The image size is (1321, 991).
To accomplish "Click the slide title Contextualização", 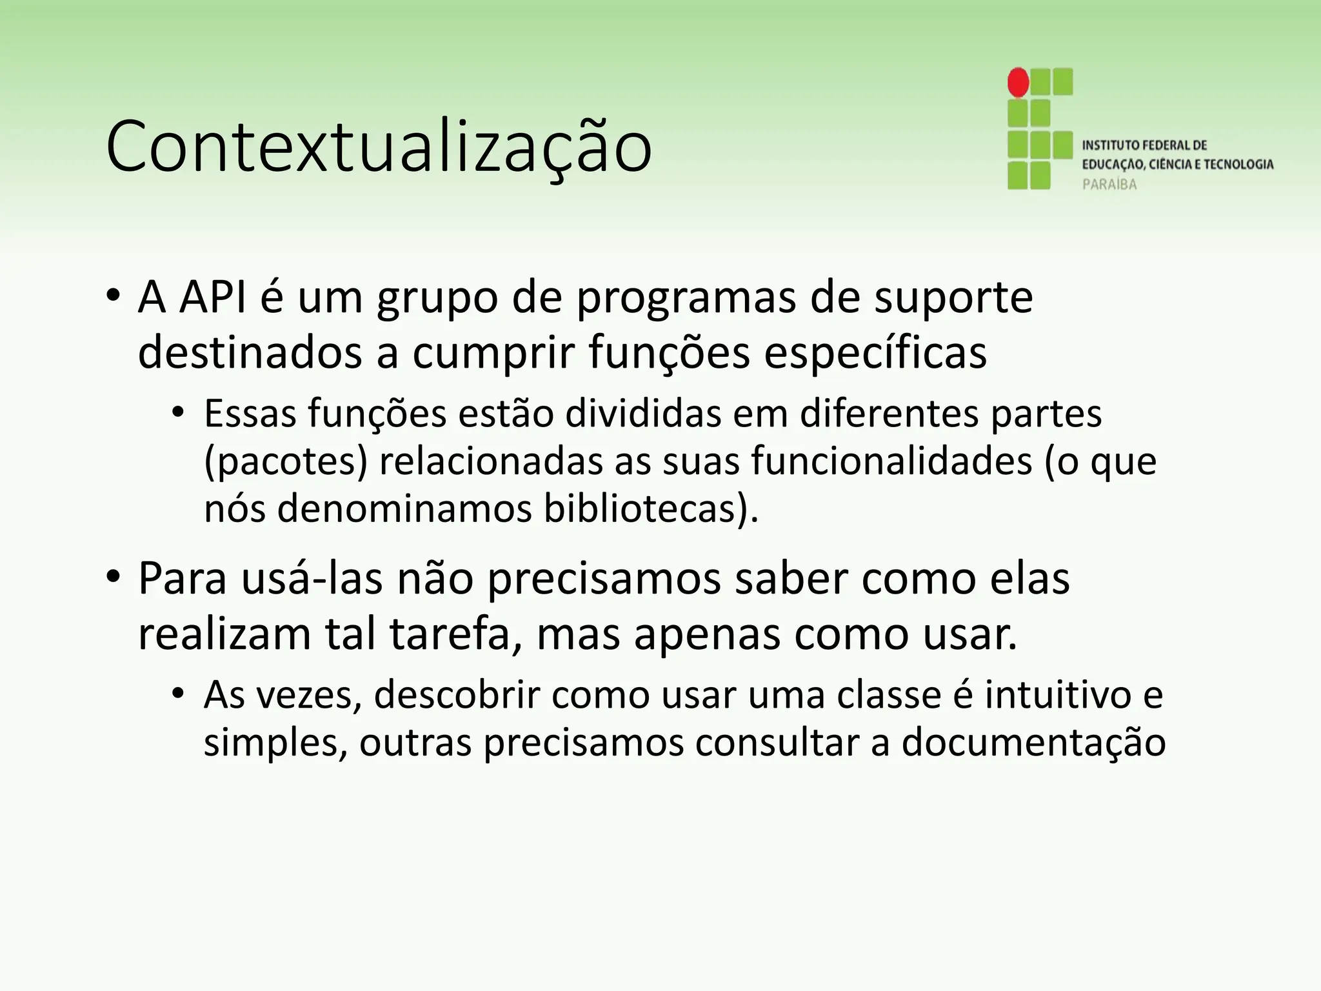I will pyautogui.click(x=379, y=147).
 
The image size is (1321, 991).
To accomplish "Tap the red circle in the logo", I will pyautogui.click(x=1018, y=83).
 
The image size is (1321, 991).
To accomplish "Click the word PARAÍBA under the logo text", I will pyautogui.click(x=1109, y=185).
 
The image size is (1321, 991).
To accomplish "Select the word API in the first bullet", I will pyautogui.click(x=213, y=297).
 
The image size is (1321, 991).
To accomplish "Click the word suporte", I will pyautogui.click(x=953, y=299).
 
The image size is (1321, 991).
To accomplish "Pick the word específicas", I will pyautogui.click(x=875, y=353).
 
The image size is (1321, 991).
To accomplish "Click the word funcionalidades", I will pyautogui.click(x=891, y=461).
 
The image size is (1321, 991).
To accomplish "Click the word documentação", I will pyautogui.click(x=1033, y=743).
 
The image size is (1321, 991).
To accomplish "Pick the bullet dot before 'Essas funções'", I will pyautogui.click(x=179, y=414).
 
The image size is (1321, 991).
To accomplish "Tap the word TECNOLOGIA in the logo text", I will pyautogui.click(x=1238, y=165).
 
